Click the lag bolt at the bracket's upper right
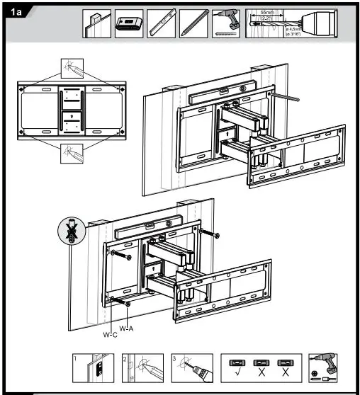pyautogui.click(x=206, y=234)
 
